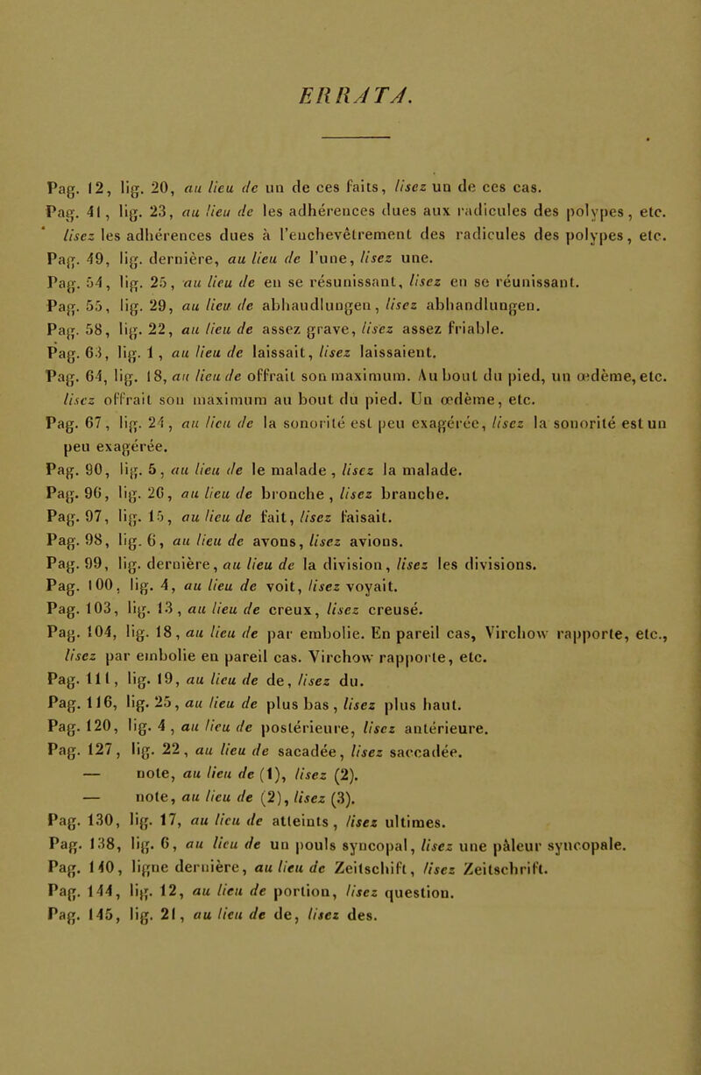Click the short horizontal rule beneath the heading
(356, 136)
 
